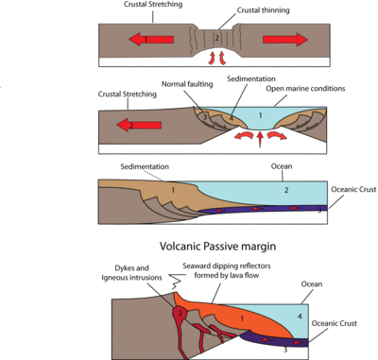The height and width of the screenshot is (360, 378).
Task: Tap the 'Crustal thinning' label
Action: (x=235, y=10)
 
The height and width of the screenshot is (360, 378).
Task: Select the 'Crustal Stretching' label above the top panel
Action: (x=129, y=5)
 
